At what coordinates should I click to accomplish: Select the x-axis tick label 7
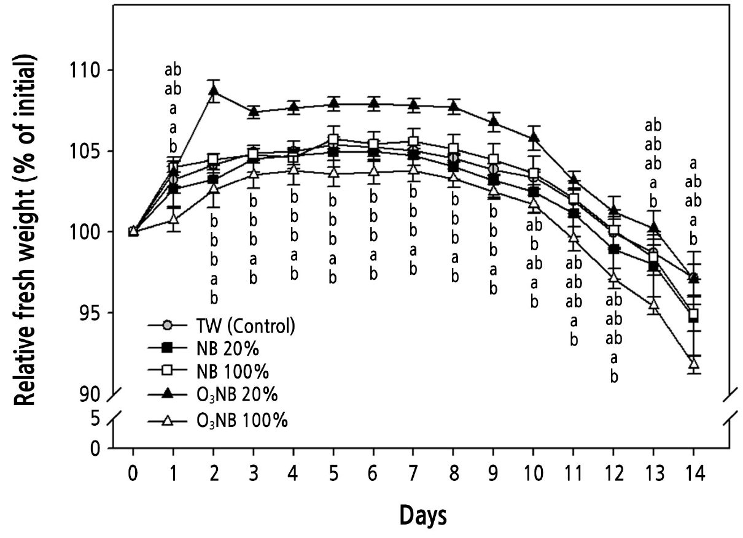413,474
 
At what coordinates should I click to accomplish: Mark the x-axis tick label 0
133,474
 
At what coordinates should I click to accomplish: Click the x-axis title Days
423,516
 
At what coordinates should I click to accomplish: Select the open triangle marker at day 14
694,363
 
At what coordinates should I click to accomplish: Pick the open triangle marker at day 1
174,218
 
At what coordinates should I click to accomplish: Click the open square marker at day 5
333,140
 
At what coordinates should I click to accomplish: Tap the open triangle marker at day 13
654,304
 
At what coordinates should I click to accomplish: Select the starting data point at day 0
133,231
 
